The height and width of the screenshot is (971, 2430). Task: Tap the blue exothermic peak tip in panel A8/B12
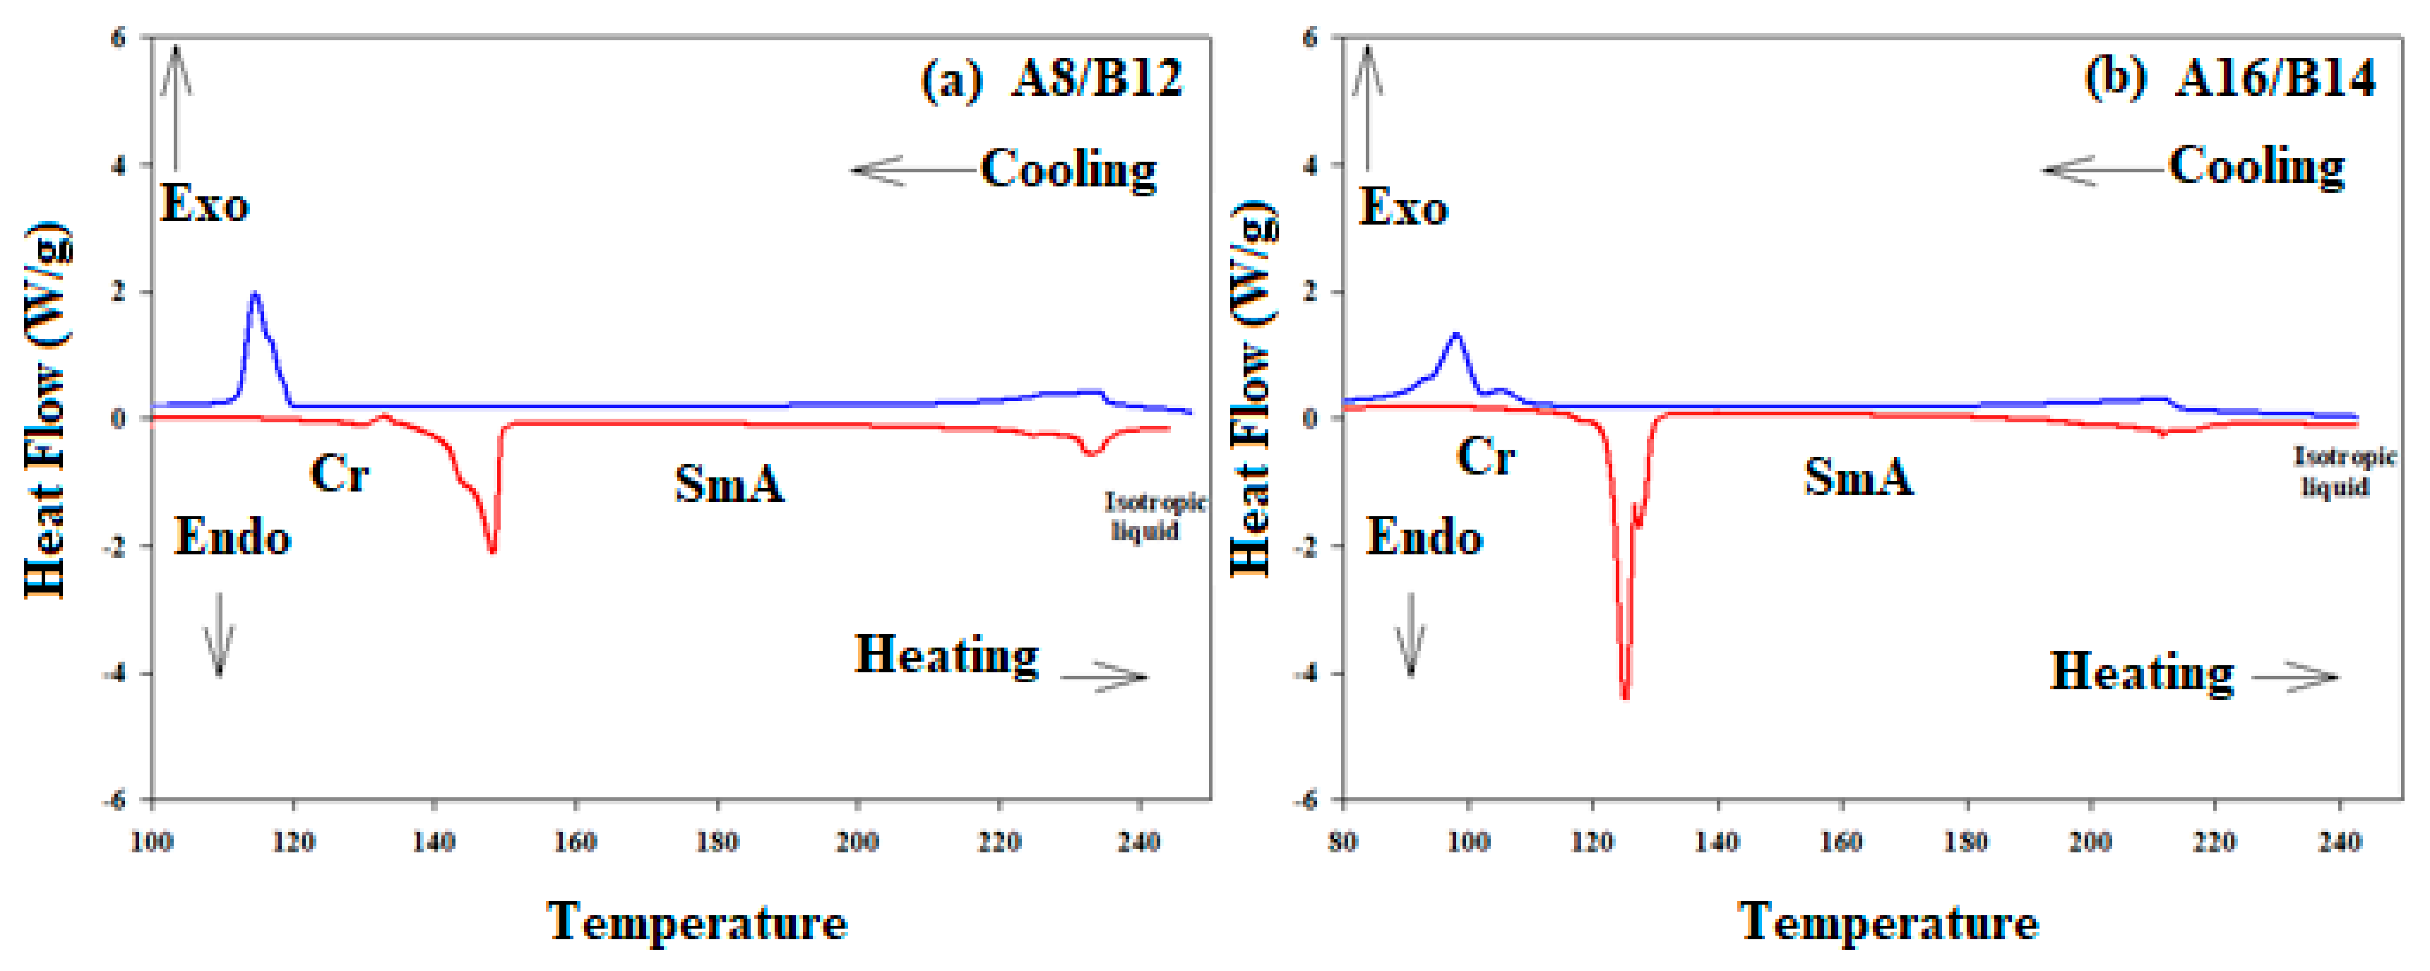254,294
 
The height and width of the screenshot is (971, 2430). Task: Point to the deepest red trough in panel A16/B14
1624,696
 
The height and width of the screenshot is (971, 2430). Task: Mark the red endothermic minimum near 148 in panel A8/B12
492,550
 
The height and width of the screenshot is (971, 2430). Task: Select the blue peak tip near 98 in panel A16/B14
1455,334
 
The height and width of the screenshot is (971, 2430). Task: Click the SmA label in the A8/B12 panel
729,484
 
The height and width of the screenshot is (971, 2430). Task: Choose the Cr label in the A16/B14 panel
1485,458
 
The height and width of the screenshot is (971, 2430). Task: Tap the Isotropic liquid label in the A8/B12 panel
1154,516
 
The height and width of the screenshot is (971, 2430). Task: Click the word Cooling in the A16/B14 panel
2256,168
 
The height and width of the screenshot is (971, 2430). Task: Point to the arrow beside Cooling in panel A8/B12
910,171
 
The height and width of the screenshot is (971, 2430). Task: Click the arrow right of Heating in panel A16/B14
2294,677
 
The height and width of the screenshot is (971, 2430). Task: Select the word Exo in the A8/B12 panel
205,205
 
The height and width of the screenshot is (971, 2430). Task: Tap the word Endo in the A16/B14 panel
1424,538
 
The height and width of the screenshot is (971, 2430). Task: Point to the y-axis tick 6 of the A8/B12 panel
118,37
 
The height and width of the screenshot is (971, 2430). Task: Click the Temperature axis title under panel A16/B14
1888,922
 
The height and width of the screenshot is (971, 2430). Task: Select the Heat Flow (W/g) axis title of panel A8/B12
45,410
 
